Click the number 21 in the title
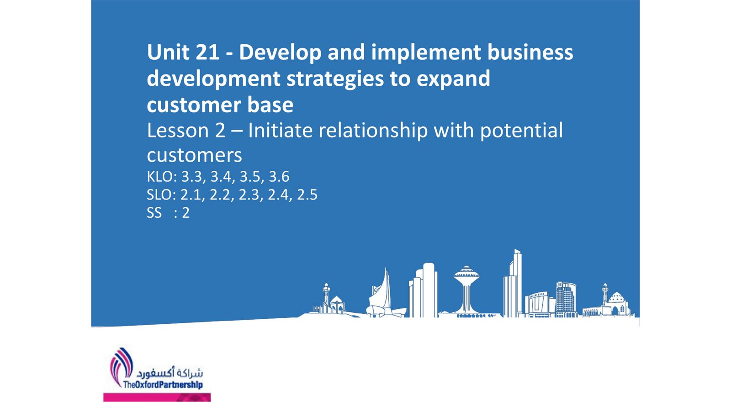(x=207, y=52)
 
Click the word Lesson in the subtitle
(x=178, y=131)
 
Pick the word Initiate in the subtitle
(x=280, y=131)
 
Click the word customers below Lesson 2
(x=194, y=156)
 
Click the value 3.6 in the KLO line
(x=279, y=177)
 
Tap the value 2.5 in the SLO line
(x=307, y=195)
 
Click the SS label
(x=154, y=213)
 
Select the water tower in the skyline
(x=466, y=290)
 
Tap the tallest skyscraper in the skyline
(x=514, y=283)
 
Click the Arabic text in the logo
(x=170, y=373)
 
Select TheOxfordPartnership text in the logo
(x=163, y=385)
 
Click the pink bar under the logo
(x=157, y=397)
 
